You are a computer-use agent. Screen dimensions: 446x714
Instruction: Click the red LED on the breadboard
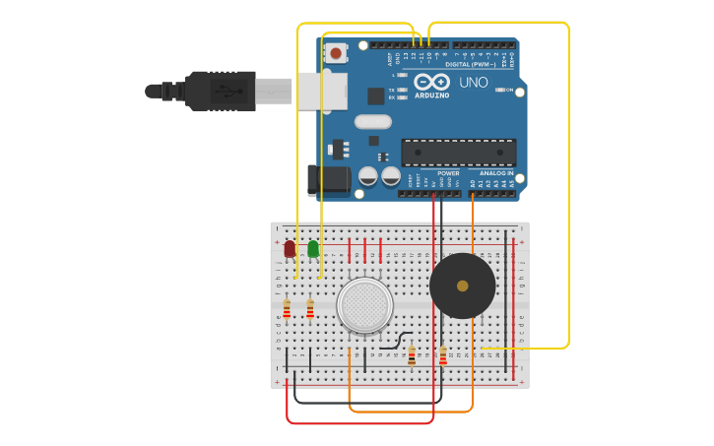(290, 249)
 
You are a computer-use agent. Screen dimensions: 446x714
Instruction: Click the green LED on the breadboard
(313, 249)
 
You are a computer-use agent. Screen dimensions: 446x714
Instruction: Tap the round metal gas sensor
(364, 304)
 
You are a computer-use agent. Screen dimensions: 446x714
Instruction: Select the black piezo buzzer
(463, 286)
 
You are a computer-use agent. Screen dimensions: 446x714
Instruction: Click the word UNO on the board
(473, 83)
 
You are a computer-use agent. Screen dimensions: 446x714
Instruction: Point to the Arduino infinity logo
(431, 82)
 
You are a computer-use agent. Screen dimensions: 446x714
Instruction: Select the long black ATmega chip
(458, 153)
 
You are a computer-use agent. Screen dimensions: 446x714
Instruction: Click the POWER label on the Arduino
(448, 173)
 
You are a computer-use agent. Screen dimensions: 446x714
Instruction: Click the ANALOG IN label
(497, 173)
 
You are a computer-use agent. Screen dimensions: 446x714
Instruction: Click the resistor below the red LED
(287, 310)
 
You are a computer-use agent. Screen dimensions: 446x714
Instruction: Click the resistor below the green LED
(310, 310)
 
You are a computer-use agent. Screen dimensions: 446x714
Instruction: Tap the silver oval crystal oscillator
(373, 122)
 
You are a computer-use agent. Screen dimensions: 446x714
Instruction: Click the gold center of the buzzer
(463, 286)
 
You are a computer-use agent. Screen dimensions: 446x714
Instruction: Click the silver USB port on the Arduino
(322, 91)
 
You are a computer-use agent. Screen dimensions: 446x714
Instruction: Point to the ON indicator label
(509, 90)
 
